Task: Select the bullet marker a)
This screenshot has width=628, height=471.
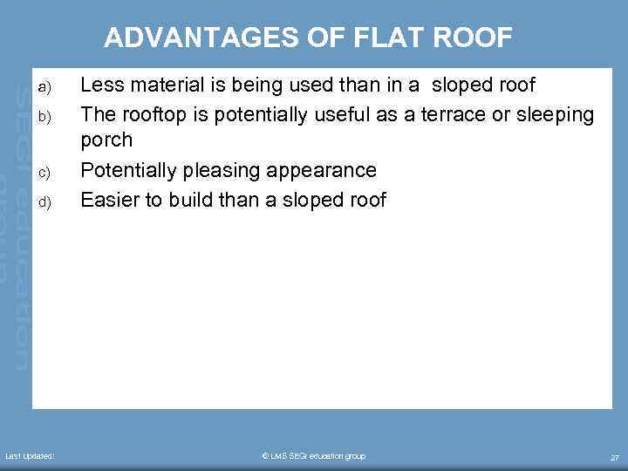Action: pyautogui.click(x=45, y=87)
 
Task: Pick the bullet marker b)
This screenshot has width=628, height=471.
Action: pyautogui.click(x=45, y=116)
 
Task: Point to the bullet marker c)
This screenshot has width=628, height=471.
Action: pyautogui.click(x=45, y=172)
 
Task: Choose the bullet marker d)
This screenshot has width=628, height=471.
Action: pyautogui.click(x=45, y=201)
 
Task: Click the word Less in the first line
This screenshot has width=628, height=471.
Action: pyautogui.click(x=99, y=85)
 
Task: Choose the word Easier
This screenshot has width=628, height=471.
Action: pyautogui.click(x=109, y=199)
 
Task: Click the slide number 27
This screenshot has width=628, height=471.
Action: pyautogui.click(x=614, y=457)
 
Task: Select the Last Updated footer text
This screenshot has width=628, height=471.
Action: pyautogui.click(x=30, y=456)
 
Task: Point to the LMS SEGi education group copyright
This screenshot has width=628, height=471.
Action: pyautogui.click(x=313, y=456)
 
